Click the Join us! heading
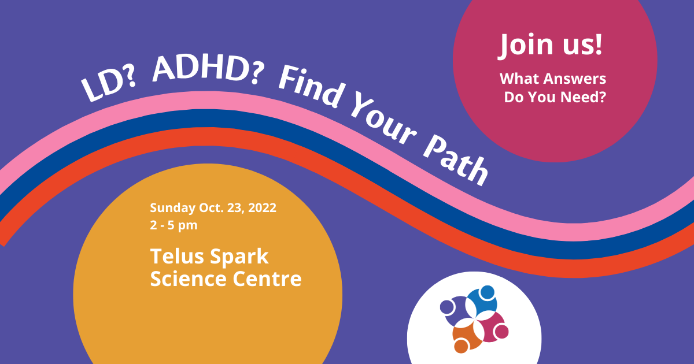click(550, 45)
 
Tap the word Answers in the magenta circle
click(575, 79)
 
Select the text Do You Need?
click(555, 97)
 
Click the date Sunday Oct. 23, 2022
click(213, 208)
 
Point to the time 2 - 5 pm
click(173, 225)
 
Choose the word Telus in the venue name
click(177, 257)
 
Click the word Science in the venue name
click(189, 279)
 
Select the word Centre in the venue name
click(267, 279)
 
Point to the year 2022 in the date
click(262, 208)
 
